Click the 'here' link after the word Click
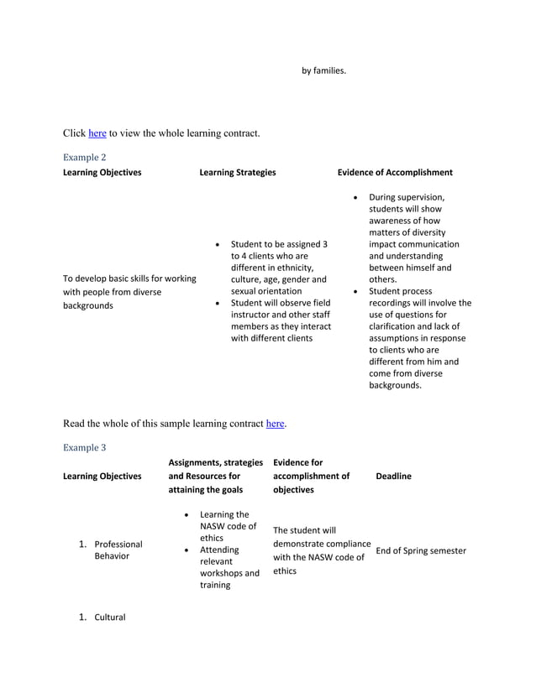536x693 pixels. pos(97,133)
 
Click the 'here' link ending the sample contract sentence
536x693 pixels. pos(275,423)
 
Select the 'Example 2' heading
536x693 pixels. pos(85,157)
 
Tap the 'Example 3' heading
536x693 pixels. pos(85,447)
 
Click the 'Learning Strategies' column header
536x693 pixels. pos(238,172)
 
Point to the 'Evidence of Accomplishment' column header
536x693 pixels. pos(395,172)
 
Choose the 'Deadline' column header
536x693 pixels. pos(394,476)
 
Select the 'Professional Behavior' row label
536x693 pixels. pos(118,550)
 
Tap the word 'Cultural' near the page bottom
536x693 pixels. pos(110,617)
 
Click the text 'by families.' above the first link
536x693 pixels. pos(324,70)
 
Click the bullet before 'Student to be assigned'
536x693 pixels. pos(218,244)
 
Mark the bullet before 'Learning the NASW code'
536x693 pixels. pos(186,514)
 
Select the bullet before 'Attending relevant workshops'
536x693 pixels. pos(186,550)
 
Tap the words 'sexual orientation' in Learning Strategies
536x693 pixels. pos(266,291)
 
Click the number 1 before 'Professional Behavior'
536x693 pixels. pos(82,544)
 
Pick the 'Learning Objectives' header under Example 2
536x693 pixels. pos(102,172)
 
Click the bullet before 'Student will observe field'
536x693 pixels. pos(218,303)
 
